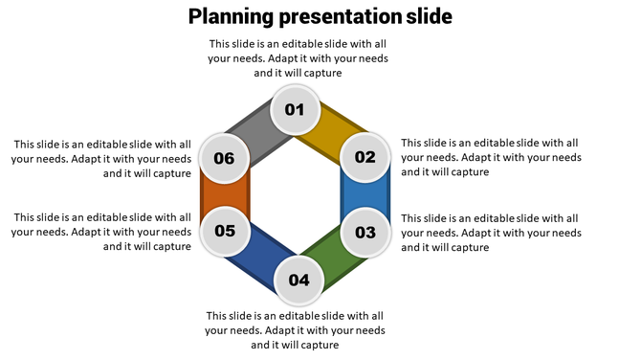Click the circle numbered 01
[x=295, y=110]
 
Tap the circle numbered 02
[x=365, y=158]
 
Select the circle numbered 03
[x=365, y=232]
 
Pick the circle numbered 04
[x=298, y=280]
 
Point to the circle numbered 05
[x=225, y=231]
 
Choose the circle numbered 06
[x=225, y=158]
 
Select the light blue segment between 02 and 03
[x=365, y=195]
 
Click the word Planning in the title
[x=230, y=17]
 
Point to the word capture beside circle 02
[x=468, y=172]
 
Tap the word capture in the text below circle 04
[x=319, y=345]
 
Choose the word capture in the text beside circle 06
[x=170, y=173]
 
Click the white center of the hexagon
[x=296, y=195]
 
